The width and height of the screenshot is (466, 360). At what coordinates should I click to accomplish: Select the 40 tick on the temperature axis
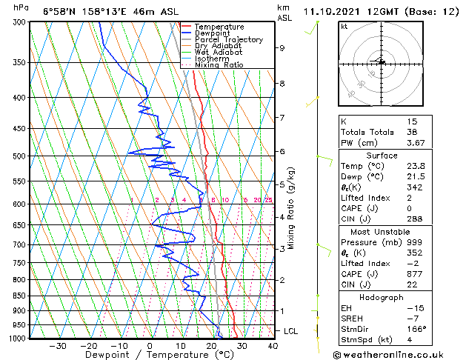point(273,345)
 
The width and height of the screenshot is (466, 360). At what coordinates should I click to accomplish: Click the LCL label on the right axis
point(290,331)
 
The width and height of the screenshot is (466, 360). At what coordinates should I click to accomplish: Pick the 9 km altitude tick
point(282,48)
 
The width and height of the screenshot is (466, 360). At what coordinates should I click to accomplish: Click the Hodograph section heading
point(382,297)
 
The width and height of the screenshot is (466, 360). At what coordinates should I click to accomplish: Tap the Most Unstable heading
point(382,231)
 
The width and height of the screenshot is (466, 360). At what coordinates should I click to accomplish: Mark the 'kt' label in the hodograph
point(344,26)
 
